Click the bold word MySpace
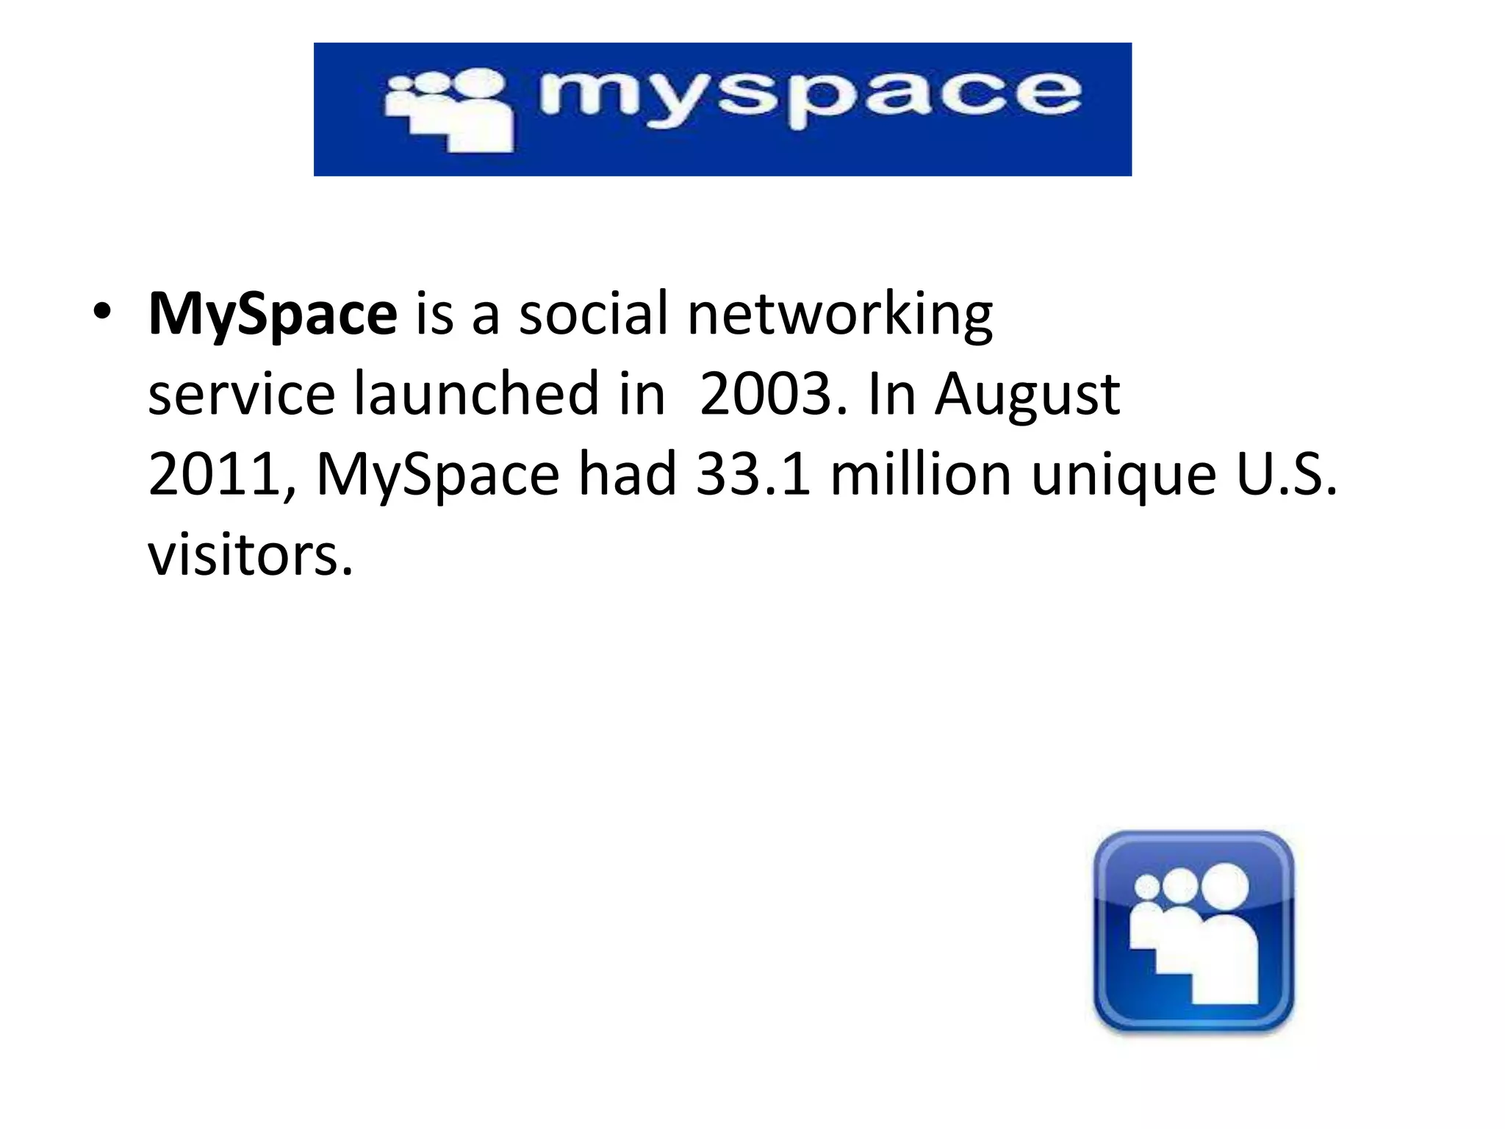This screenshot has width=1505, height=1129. tap(273, 315)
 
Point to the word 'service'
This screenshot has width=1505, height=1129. tap(242, 395)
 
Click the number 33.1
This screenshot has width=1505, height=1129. tap(753, 475)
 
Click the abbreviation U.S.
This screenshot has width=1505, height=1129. tap(1287, 475)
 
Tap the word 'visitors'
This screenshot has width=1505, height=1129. tap(250, 555)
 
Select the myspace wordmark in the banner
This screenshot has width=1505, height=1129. tap(808, 99)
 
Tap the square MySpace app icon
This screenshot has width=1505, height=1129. tap(1193, 932)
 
